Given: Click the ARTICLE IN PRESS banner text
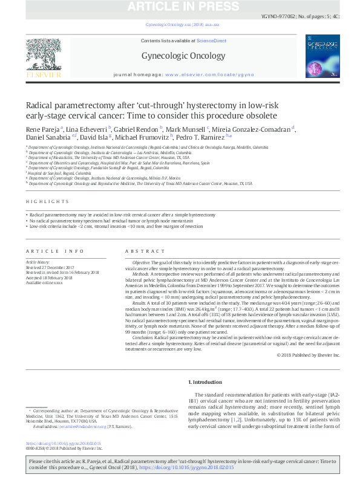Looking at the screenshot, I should pyautogui.click(x=180, y=7).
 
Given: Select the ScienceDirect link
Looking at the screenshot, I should pyautogui.click(x=211, y=41).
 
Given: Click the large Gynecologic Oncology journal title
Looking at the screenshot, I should pyautogui.click(x=180, y=56).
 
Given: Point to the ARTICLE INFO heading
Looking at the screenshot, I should pyautogui.click(x=54, y=251).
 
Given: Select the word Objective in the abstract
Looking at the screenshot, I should pyautogui.click(x=142, y=262).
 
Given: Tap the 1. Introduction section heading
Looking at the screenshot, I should pyautogui.click(x=206, y=383).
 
